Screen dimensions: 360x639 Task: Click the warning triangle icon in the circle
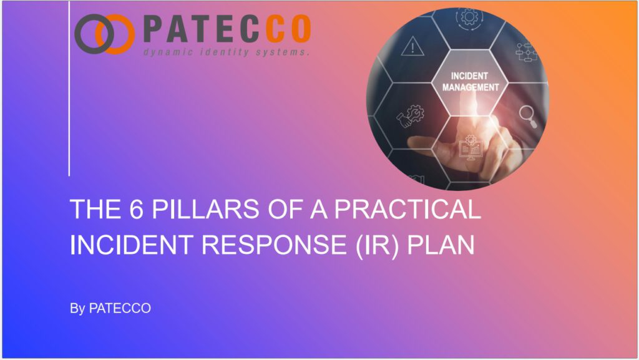coord(411,46)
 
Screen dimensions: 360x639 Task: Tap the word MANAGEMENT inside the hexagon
coord(470,87)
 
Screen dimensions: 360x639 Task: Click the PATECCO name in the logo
coord(226,29)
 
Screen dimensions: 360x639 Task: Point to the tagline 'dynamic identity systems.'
coord(226,52)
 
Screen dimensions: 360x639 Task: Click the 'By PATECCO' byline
coord(110,308)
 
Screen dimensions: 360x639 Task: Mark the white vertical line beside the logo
coord(69,87)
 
